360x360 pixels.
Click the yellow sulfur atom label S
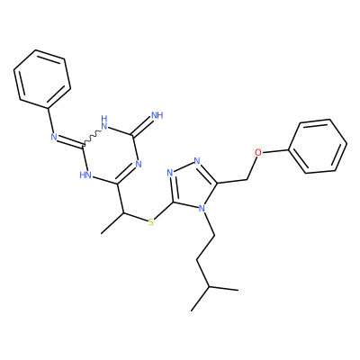[x=151, y=222]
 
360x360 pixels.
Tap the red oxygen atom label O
[x=258, y=152]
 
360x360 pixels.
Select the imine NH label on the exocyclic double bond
[x=157, y=115]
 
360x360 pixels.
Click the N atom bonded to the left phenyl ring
[x=54, y=137]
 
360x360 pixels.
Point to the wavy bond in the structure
[x=93, y=138]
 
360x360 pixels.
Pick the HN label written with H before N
[x=85, y=175]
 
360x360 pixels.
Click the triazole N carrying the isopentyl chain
[x=202, y=208]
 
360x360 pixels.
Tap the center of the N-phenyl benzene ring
[x=42, y=79]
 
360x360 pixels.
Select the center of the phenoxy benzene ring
[x=318, y=146]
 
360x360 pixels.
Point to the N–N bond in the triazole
[x=184, y=166]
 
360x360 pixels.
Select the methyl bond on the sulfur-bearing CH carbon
[x=112, y=223]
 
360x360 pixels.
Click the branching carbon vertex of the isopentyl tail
[x=210, y=287]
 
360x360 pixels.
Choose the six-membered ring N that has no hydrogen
[x=139, y=164]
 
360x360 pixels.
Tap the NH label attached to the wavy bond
[x=104, y=122]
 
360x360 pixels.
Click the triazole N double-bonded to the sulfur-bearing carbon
[x=170, y=173]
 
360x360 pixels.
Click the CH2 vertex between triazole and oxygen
[x=247, y=180]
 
